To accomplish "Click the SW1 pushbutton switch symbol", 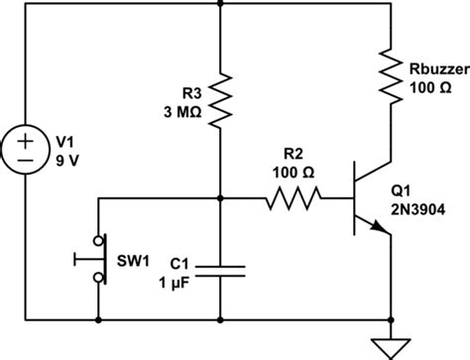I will tap(94, 259).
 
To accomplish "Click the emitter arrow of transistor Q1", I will tap(379, 228).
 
